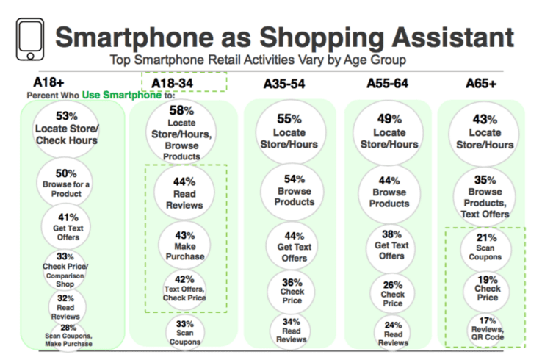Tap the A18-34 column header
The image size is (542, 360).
point(173,83)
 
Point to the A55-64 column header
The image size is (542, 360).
point(387,83)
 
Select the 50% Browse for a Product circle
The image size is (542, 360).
point(67,179)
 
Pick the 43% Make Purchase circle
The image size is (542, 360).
point(183,242)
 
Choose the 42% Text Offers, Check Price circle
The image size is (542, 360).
point(183,288)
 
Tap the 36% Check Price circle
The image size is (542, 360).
point(289,289)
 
